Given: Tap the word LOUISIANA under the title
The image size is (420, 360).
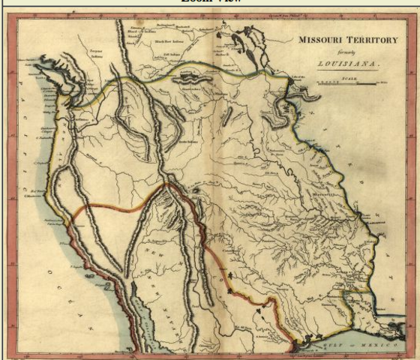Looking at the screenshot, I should pyautogui.click(x=348, y=64).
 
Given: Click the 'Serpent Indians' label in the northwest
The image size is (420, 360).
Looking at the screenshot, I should pyautogui.click(x=94, y=55).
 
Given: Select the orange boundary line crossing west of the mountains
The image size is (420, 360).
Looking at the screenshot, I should pyautogui.click(x=112, y=209).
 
